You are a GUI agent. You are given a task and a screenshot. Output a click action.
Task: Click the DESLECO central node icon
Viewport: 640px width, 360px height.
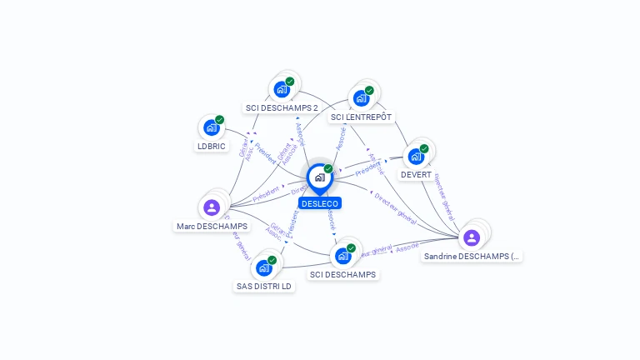click(x=319, y=177)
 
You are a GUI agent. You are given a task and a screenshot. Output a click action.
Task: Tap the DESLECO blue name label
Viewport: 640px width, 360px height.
click(x=320, y=203)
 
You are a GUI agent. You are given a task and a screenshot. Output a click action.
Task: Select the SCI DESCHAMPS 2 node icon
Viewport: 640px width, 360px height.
click(x=282, y=89)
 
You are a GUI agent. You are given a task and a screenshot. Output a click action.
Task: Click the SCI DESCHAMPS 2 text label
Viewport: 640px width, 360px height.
click(x=282, y=107)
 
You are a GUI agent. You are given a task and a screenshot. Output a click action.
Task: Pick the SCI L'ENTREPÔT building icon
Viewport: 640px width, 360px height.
click(x=361, y=98)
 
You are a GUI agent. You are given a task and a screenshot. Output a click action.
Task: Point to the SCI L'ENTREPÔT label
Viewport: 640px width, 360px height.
click(x=361, y=117)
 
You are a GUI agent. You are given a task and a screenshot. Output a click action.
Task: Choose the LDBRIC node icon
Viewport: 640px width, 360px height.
click(x=212, y=127)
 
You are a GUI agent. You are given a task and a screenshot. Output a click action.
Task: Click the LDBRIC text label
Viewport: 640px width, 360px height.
click(x=212, y=146)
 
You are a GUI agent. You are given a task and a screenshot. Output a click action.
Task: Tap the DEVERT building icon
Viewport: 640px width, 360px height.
click(x=416, y=157)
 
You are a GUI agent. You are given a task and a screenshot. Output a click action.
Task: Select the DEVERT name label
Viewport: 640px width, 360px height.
click(x=416, y=175)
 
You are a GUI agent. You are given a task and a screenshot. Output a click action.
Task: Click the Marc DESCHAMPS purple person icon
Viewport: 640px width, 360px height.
click(x=212, y=207)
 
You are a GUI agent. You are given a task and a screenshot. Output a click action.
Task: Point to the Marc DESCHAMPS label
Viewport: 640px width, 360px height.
click(x=212, y=227)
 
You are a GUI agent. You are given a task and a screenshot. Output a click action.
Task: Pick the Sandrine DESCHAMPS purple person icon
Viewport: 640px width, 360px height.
click(x=472, y=237)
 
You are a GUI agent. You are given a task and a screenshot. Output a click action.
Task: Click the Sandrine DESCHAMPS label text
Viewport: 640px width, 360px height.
click(x=472, y=257)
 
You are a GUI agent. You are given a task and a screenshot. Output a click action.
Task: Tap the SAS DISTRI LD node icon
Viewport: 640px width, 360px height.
click(x=264, y=267)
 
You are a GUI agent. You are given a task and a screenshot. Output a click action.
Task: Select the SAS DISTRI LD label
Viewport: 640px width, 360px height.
click(x=264, y=287)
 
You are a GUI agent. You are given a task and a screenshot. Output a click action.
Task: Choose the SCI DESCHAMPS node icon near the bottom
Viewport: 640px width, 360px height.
click(x=342, y=256)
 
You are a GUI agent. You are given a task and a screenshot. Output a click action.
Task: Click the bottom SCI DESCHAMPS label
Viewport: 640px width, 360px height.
click(x=342, y=274)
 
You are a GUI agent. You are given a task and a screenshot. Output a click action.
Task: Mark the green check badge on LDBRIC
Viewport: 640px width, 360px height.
click(x=220, y=120)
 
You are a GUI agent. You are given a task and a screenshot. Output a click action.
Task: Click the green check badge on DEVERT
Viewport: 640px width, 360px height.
click(x=424, y=149)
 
